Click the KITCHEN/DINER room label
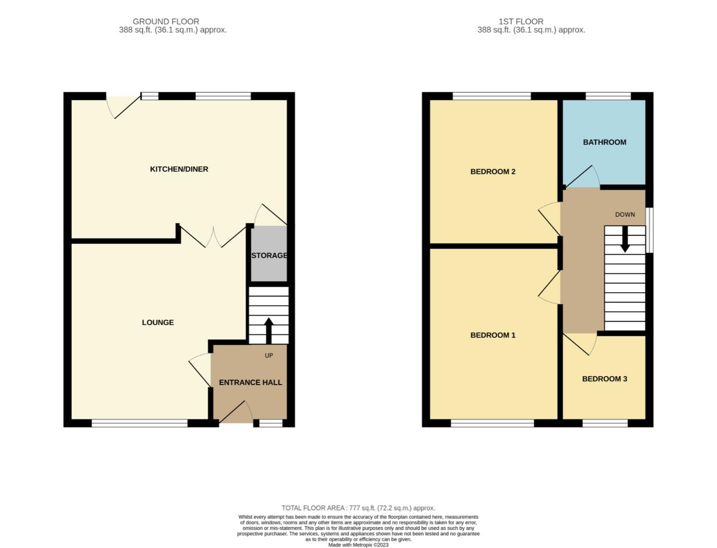179,169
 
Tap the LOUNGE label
157,322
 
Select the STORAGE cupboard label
269,255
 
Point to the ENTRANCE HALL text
250,383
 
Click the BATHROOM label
604,142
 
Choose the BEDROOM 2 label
493,172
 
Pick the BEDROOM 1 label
493,335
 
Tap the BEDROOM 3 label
604,379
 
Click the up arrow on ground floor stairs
269,330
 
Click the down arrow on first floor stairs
625,239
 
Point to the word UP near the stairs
269,356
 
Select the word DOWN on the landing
625,215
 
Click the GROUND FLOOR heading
166,21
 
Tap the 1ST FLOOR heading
520,21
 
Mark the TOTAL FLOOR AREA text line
358,508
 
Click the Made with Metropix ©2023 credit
358,545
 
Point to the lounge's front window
140,423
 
